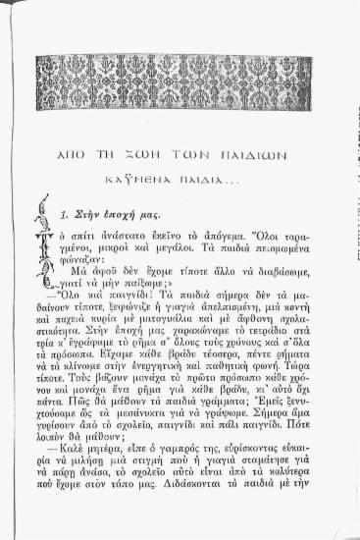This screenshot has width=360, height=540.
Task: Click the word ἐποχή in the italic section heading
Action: [114, 213]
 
